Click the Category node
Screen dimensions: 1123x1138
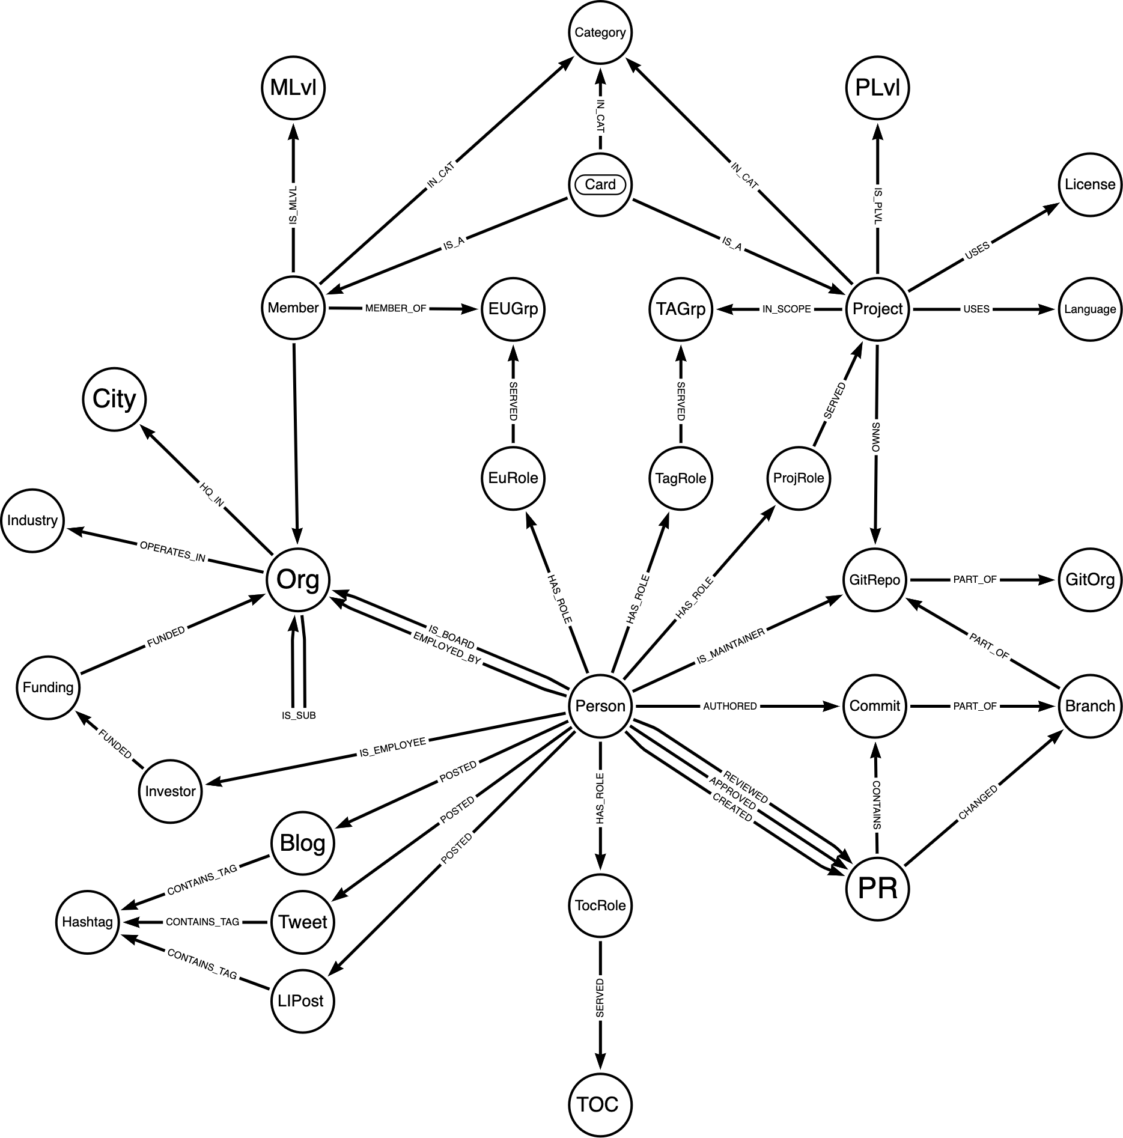600,32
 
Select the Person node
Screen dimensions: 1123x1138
600,706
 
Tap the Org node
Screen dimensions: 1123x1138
298,580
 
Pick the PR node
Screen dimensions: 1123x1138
877,889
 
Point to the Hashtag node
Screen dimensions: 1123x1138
88,922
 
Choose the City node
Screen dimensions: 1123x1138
114,399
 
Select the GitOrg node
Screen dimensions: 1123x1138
1089,580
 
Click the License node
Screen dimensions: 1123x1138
1089,184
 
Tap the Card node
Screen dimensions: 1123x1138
600,184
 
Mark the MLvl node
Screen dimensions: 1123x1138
293,88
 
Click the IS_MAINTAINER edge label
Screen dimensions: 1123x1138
731,647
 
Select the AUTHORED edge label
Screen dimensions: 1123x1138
730,706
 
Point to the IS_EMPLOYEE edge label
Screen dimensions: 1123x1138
392,747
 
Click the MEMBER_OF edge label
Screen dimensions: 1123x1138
395,308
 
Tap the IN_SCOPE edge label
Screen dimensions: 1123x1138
787,309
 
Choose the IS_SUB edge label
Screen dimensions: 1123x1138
299,716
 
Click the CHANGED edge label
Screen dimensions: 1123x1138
978,803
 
